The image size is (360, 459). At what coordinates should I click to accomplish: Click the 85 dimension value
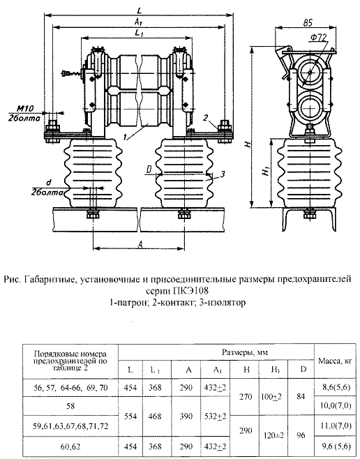[308, 22]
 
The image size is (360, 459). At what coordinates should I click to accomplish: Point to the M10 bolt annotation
[24, 109]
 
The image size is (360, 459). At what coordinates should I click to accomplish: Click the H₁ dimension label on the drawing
[266, 171]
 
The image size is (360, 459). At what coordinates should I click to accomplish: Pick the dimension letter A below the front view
[140, 244]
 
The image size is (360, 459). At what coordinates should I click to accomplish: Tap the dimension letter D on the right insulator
[149, 169]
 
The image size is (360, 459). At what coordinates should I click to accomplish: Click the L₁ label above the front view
[139, 33]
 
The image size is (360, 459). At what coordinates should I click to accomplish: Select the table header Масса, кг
[335, 361]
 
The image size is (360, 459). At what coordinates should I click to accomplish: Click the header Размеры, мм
[245, 352]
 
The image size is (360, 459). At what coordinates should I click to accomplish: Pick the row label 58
[70, 406]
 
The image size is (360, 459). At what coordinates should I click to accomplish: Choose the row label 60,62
[70, 446]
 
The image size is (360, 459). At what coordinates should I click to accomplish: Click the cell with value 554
[130, 416]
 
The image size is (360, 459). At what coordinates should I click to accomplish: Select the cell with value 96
[301, 435]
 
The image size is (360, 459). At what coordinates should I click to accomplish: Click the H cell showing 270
[246, 397]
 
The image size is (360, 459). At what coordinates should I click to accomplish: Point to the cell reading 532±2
[215, 416]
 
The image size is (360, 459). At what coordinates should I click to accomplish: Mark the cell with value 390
[186, 416]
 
